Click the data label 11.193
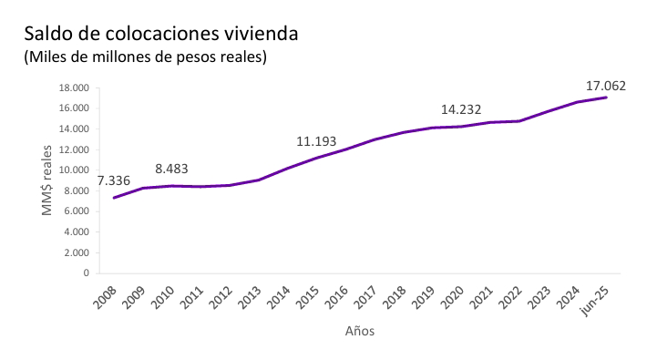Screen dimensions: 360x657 coord(317,141)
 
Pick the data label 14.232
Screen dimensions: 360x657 coord(461,110)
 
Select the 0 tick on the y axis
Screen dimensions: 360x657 coord(85,273)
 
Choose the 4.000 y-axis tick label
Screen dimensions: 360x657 coord(73,232)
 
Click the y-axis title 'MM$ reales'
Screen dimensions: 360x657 coord(47,180)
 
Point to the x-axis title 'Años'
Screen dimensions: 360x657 coord(360,331)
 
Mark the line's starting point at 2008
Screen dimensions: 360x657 coord(114,198)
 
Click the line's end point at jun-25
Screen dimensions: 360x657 coord(606,98)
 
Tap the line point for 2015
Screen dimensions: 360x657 coord(315,158)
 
